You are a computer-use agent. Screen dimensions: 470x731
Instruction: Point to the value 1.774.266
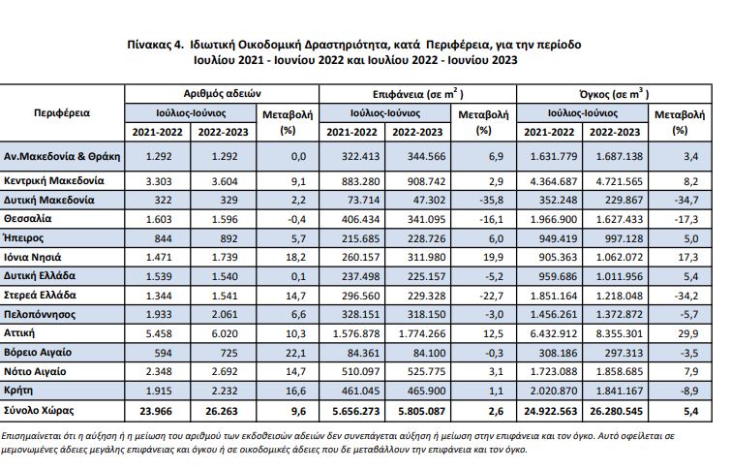[417, 331]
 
